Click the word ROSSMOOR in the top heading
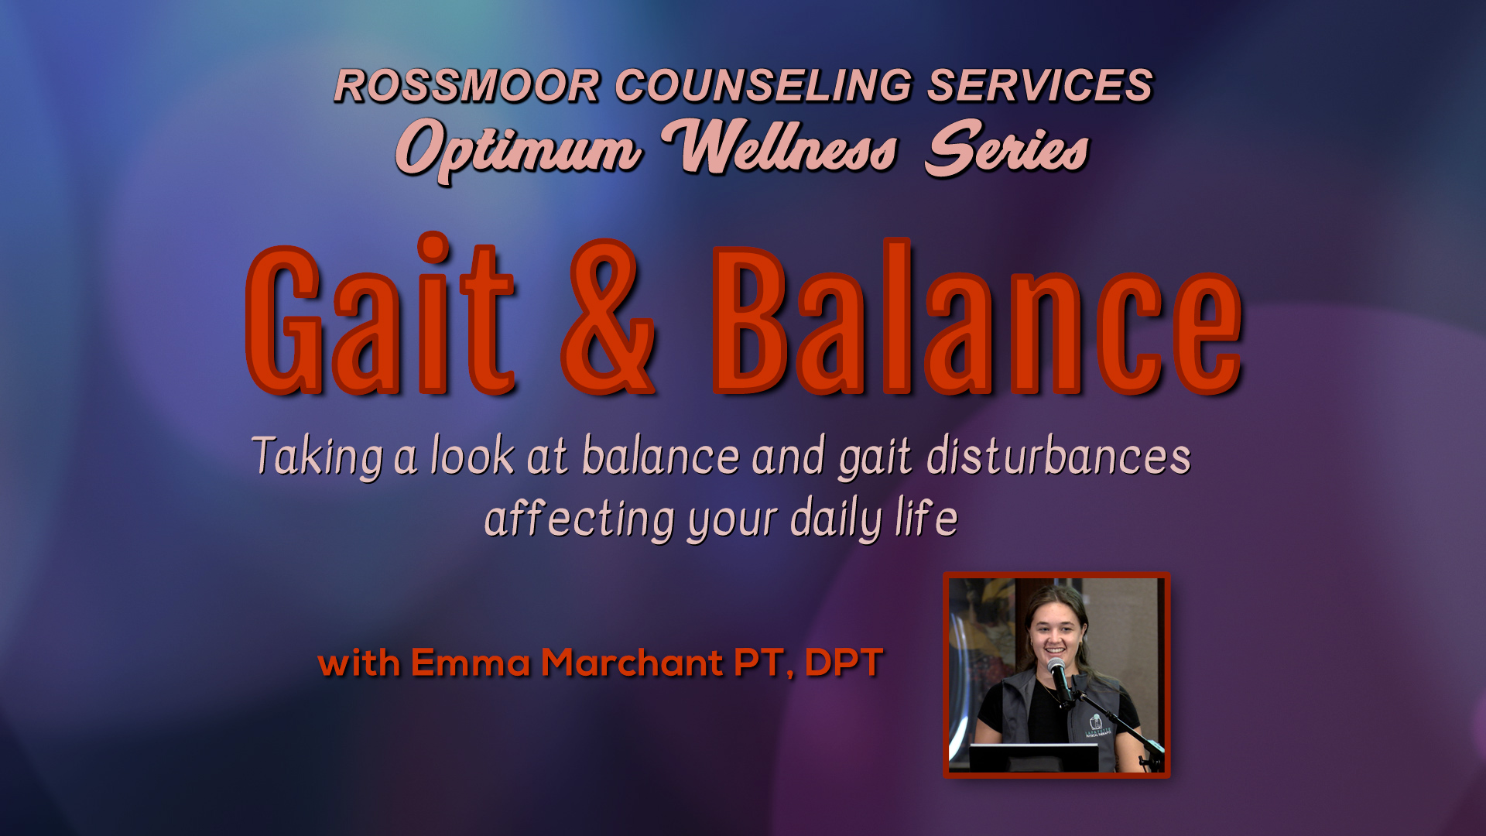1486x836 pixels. (x=467, y=85)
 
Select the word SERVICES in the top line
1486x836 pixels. (x=1040, y=85)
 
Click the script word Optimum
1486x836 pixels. (x=519, y=150)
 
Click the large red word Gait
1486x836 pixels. (x=380, y=314)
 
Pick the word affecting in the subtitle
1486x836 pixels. (x=580, y=519)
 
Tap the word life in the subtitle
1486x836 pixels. (x=926, y=517)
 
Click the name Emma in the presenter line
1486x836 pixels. (x=471, y=663)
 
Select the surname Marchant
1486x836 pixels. (x=632, y=663)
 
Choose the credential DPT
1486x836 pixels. (x=844, y=663)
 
